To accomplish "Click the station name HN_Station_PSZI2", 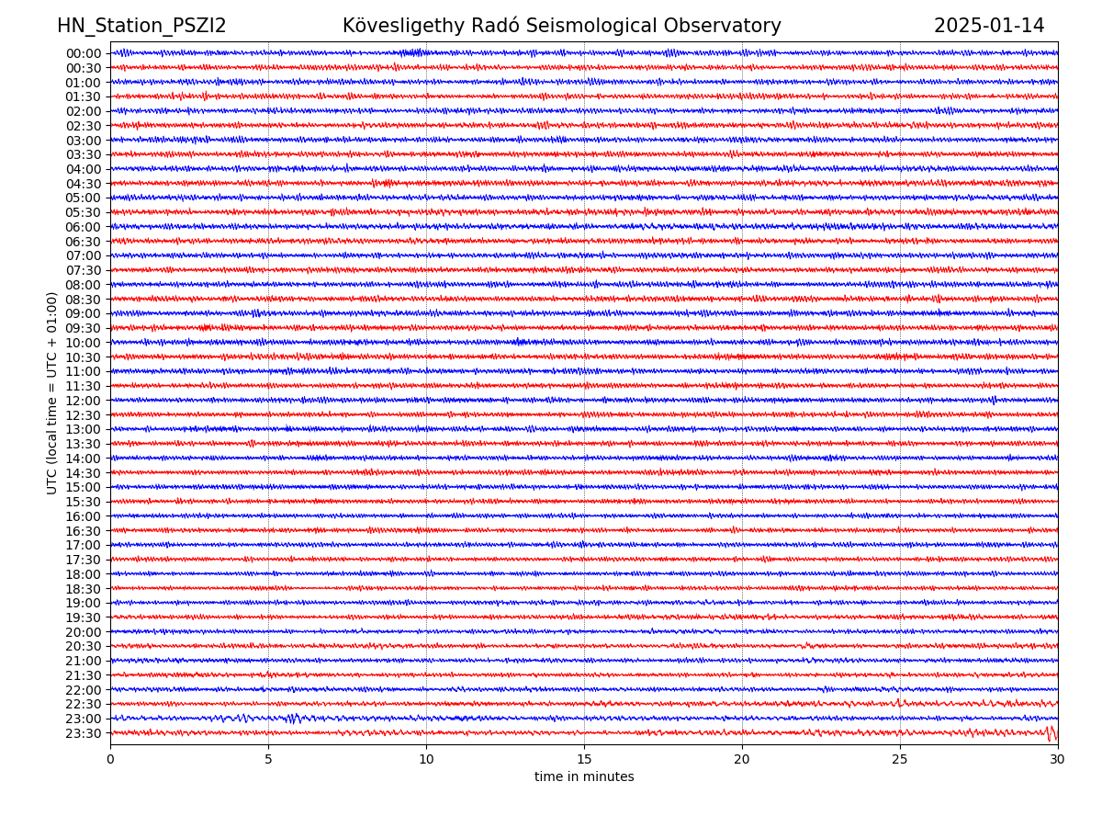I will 141,26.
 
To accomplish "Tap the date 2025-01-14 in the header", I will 989,26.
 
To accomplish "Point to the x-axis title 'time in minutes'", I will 584,777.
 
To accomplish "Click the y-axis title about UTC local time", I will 52,392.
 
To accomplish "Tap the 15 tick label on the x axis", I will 584,760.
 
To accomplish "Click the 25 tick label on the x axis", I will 900,760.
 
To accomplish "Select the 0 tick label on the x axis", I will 110,760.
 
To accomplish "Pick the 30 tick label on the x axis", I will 1058,760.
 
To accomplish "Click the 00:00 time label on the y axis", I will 84,53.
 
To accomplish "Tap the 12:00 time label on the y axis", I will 84,401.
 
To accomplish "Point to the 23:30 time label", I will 84,733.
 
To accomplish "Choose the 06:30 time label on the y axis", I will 84,242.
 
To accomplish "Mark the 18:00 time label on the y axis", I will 84,574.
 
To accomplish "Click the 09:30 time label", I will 84,328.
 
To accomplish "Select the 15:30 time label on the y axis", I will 84,502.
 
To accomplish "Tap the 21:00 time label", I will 84,661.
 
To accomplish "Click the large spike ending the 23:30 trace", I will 1050,732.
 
